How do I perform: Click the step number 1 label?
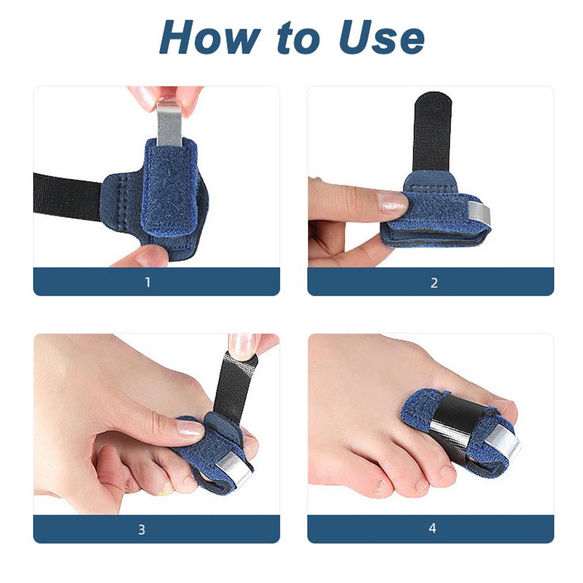pos(147,282)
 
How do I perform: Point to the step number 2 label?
pos(434,283)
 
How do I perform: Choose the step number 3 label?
pos(142,529)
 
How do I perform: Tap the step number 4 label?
pos(432,529)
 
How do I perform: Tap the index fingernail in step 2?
pos(392,202)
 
